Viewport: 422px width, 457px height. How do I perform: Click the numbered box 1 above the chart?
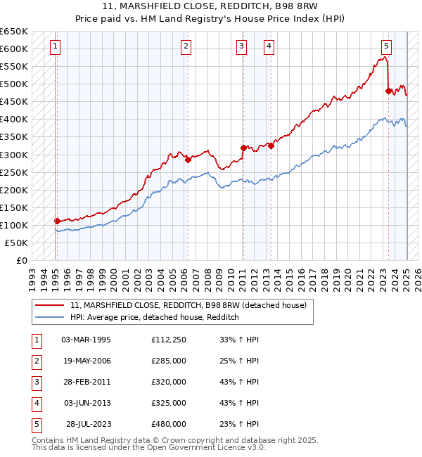[x=56, y=47]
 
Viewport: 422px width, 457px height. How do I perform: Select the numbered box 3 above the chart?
[x=241, y=47]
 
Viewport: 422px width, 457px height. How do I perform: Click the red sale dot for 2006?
[x=188, y=160]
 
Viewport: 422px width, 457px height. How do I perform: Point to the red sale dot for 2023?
[x=388, y=91]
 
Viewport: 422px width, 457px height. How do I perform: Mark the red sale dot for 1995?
[x=57, y=220]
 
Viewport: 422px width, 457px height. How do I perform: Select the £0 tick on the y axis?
[x=22, y=260]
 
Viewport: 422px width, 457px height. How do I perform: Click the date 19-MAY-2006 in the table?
[x=86, y=361]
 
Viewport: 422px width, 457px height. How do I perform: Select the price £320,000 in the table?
[x=169, y=382]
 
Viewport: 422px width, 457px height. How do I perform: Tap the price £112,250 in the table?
[x=169, y=340]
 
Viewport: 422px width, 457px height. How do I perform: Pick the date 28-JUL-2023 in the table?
[x=89, y=424]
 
